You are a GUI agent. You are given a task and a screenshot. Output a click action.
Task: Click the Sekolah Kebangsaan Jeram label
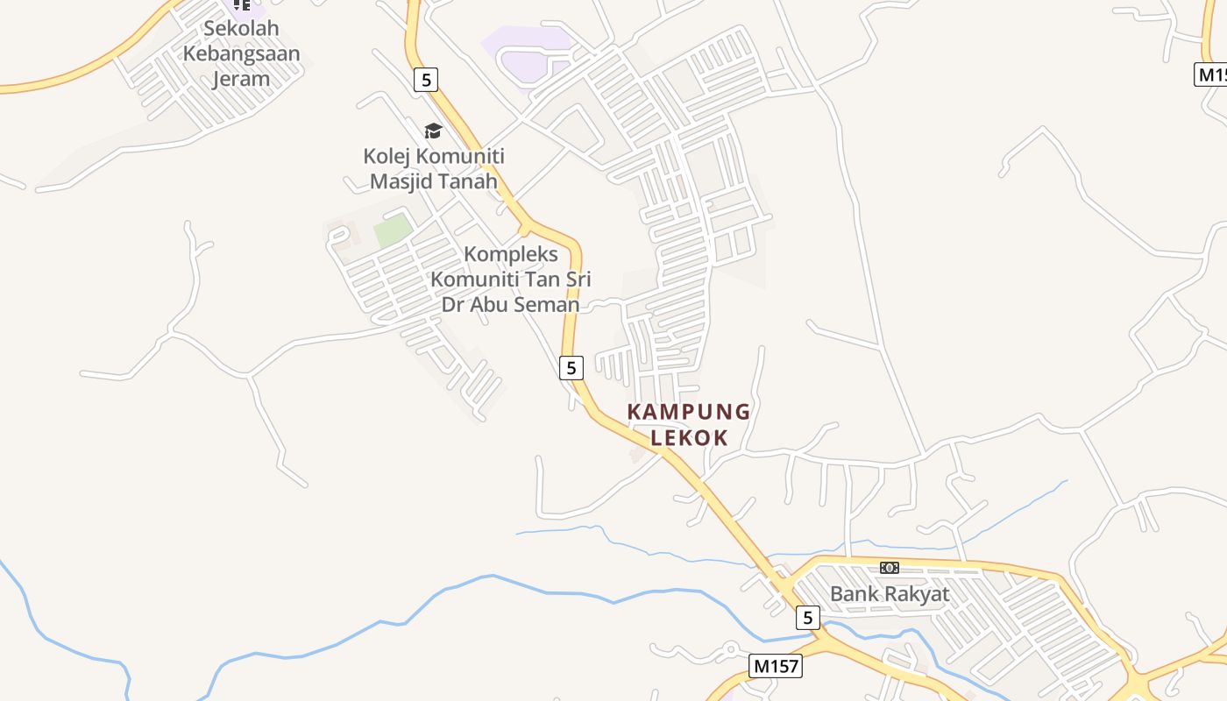coord(241,53)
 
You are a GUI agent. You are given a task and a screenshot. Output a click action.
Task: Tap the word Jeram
coord(241,79)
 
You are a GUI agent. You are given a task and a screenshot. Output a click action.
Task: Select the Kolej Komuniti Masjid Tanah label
coord(434,169)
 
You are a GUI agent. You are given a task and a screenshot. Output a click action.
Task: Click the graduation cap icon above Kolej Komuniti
coord(433,131)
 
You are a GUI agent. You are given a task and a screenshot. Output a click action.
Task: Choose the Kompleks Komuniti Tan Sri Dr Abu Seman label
coord(510,280)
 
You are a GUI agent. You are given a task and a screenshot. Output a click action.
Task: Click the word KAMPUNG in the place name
coord(689,412)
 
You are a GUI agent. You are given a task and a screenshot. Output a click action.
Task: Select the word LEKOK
coord(689,437)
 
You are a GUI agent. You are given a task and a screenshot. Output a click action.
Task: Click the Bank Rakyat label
coord(889,594)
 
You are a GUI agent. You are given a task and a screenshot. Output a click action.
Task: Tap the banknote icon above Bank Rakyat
coord(890,568)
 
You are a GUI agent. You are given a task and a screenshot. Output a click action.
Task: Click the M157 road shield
coord(777,666)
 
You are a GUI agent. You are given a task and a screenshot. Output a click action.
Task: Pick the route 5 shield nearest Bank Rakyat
coord(808,618)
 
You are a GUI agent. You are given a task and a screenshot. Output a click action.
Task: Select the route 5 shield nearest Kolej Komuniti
coord(426,80)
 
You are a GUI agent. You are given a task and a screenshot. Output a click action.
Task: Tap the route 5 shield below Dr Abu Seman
coord(571,368)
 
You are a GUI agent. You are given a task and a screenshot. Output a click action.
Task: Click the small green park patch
coord(393,230)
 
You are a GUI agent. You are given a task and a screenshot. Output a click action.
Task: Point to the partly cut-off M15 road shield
coord(1211,74)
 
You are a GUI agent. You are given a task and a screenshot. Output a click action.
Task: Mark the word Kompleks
coord(510,254)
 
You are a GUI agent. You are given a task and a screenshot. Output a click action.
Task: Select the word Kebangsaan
coord(241,53)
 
